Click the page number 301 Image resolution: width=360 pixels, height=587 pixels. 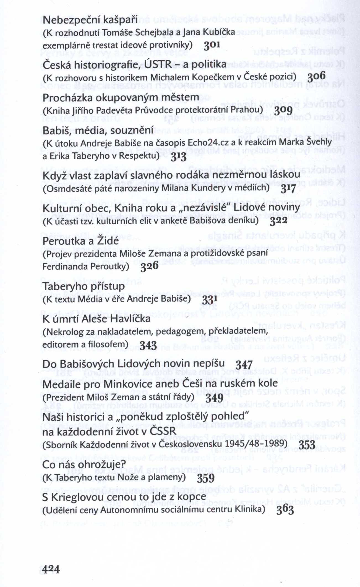click(212, 45)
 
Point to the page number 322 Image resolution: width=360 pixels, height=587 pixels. click(278, 221)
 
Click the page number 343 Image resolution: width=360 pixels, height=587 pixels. click(148, 345)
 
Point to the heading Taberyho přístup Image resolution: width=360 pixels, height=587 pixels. click(84, 286)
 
